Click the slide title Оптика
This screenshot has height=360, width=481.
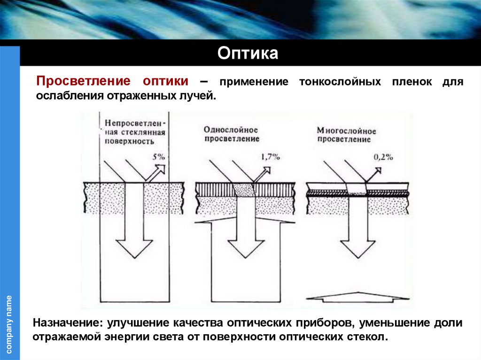248,53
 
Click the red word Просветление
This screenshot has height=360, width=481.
84,80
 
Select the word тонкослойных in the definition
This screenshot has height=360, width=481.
340,82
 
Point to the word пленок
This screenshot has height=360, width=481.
411,82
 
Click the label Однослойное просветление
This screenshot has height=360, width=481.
231,134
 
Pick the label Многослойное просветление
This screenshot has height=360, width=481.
346,135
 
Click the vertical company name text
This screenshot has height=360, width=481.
9,324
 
